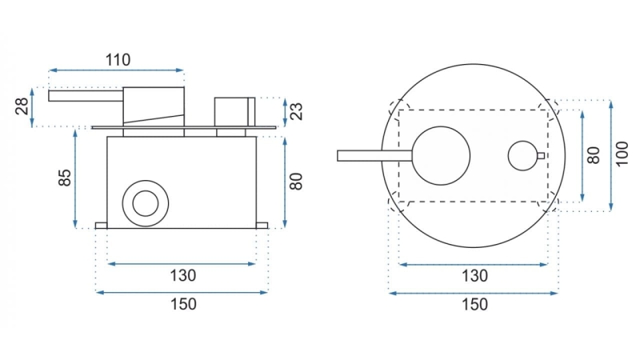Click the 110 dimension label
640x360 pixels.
[x=118, y=60]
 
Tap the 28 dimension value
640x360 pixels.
[x=23, y=106]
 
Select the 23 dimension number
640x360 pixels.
[x=297, y=111]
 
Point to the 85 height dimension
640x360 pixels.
[x=65, y=178]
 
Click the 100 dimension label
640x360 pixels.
[x=622, y=154]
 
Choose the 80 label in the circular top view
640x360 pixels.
[x=594, y=155]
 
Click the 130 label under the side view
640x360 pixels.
[x=183, y=275]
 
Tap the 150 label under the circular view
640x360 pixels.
[x=474, y=304]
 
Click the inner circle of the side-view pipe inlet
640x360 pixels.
[x=146, y=203]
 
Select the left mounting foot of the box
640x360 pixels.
[x=102, y=226]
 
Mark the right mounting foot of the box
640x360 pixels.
[x=262, y=226]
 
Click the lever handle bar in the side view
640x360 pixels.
[x=86, y=95]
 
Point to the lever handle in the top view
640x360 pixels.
[x=374, y=156]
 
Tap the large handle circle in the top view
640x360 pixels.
[x=441, y=155]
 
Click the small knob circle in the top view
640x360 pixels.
[x=523, y=156]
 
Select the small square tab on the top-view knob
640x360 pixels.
[x=541, y=155]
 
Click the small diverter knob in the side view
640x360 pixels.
[x=234, y=111]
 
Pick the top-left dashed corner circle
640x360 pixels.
[x=398, y=110]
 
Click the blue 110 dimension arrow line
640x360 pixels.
[x=116, y=70]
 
